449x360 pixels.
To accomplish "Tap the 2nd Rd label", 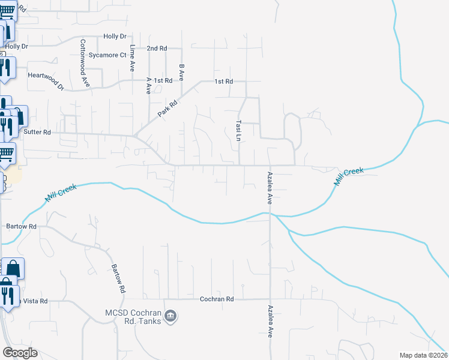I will [x=157, y=48].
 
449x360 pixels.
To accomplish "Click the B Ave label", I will [x=181, y=72].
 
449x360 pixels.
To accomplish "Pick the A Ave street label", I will [x=148, y=85].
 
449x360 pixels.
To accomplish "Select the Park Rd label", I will [x=168, y=108].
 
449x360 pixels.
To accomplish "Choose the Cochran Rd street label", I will [x=216, y=298].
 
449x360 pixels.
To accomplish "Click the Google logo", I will [x=20, y=353].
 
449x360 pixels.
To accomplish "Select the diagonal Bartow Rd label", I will [x=118, y=278].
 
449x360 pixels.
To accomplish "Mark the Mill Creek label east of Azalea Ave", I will [x=349, y=176].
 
